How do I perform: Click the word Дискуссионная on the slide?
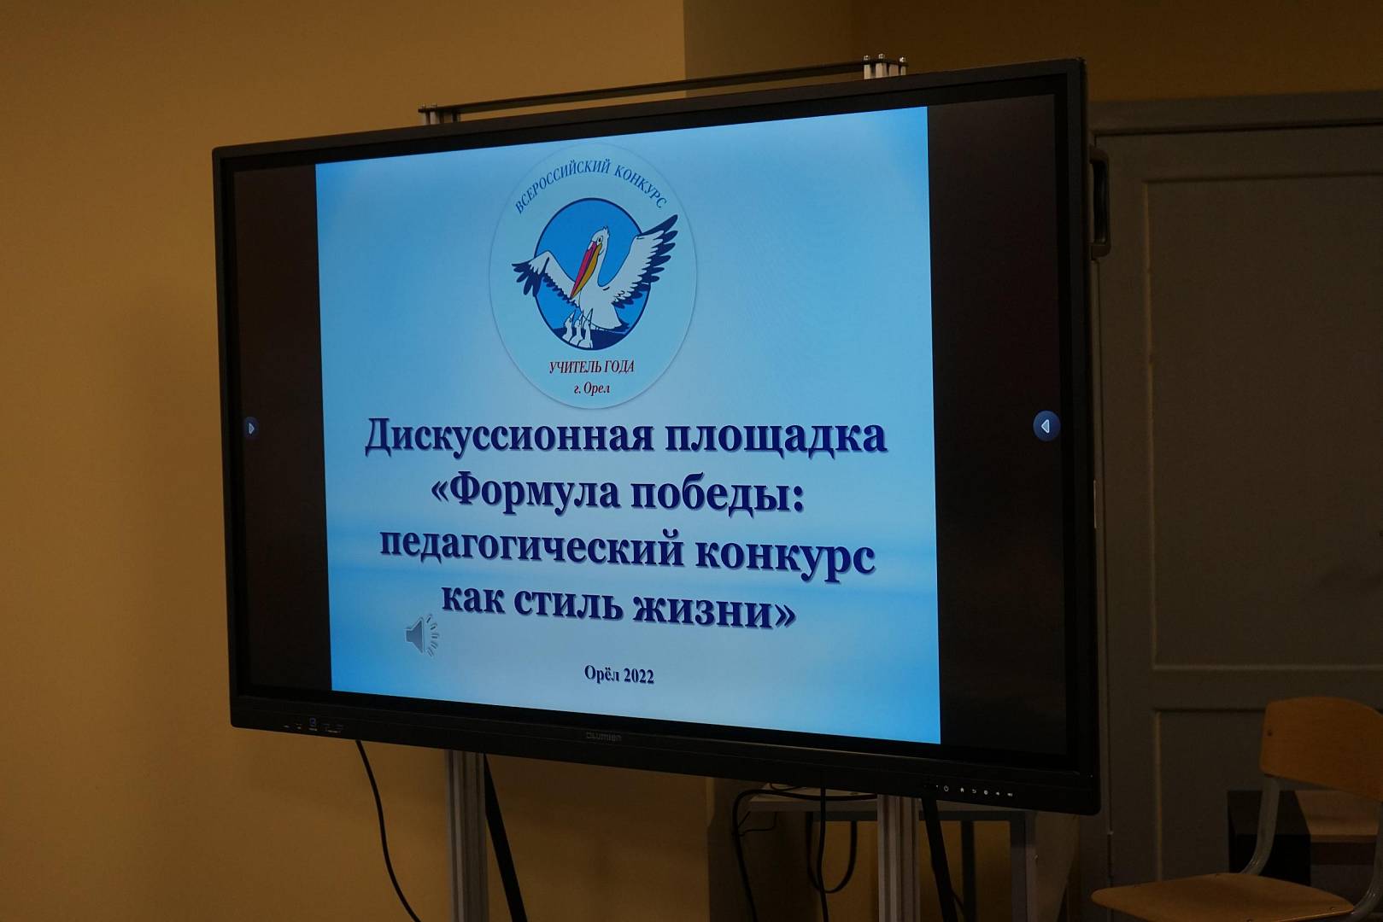point(509,436)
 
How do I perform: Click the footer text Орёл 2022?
point(618,675)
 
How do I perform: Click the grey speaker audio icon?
point(422,635)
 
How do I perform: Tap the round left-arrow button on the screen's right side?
point(1046,426)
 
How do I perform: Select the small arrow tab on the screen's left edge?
point(250,427)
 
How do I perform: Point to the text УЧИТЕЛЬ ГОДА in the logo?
point(591,367)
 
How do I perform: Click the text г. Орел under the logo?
point(591,388)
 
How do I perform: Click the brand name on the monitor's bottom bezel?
point(603,737)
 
